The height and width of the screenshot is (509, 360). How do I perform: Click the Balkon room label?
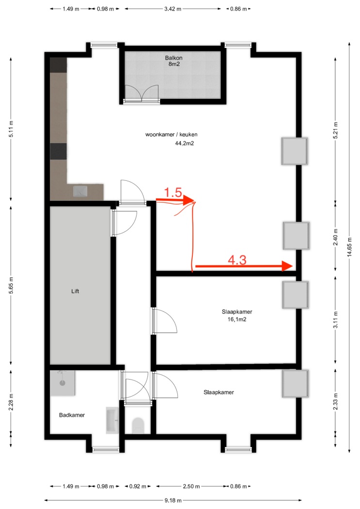(x=173, y=58)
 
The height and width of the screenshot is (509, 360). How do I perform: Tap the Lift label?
(x=75, y=291)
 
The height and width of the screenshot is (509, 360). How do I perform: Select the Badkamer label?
(x=72, y=415)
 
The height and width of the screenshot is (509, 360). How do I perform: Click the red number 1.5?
(x=173, y=192)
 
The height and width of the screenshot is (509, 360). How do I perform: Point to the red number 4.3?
(x=237, y=260)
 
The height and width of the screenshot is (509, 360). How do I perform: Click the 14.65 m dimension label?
(x=349, y=247)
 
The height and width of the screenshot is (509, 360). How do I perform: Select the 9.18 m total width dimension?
(x=173, y=500)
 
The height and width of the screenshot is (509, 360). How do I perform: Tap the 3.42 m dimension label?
(x=172, y=9)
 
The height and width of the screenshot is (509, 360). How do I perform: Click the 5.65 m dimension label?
(x=11, y=286)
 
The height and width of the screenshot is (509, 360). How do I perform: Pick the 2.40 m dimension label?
(x=335, y=238)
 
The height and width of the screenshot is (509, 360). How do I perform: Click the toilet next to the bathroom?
(x=138, y=425)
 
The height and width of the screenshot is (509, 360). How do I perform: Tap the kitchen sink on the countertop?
(x=80, y=191)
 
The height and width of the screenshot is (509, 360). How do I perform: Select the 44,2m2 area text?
(x=185, y=143)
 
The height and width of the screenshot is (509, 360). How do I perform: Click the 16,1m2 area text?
(x=237, y=319)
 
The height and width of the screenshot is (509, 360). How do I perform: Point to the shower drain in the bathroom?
(x=63, y=383)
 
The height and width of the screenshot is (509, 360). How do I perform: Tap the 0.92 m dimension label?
(x=138, y=486)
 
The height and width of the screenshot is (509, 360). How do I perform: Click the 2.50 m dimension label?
(x=191, y=486)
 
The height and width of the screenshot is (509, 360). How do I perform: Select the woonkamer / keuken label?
(x=171, y=134)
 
